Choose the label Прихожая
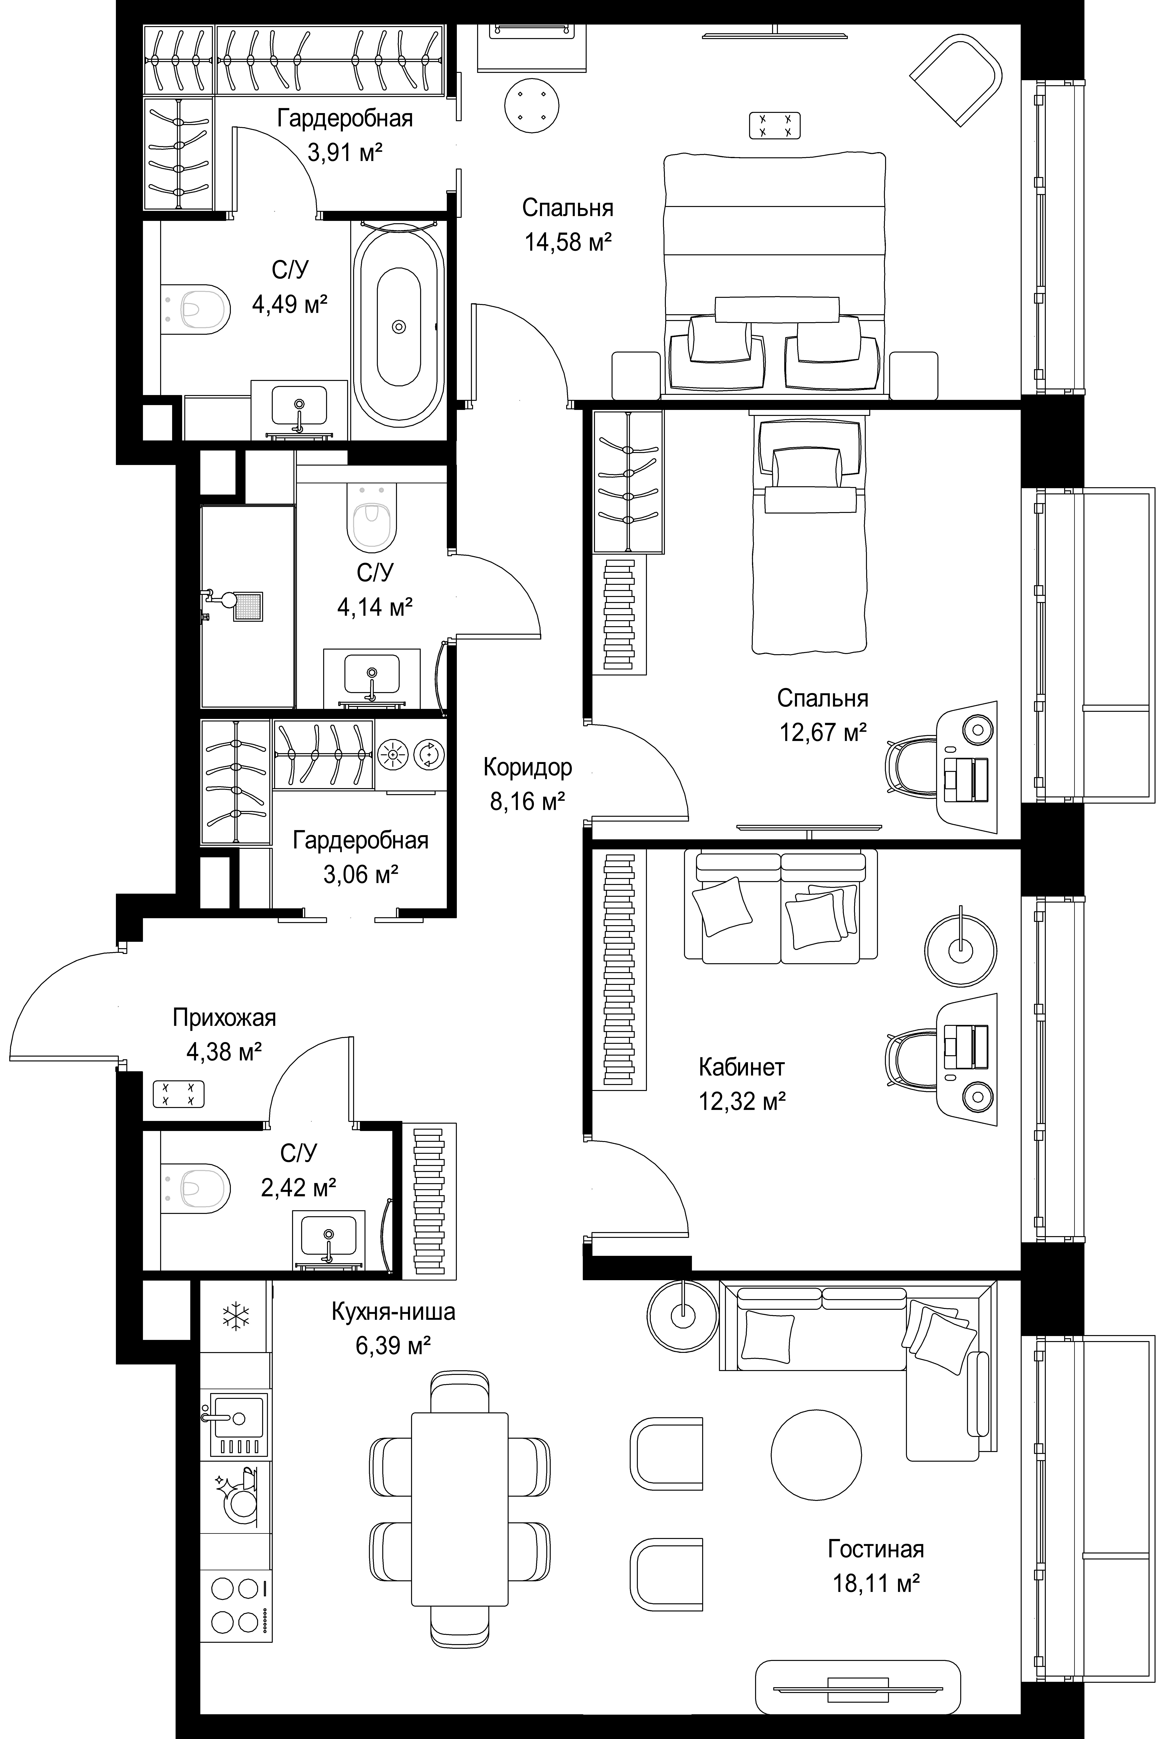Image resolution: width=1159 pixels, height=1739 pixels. coord(224,1018)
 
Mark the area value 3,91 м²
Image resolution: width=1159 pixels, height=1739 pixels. coord(345,153)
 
